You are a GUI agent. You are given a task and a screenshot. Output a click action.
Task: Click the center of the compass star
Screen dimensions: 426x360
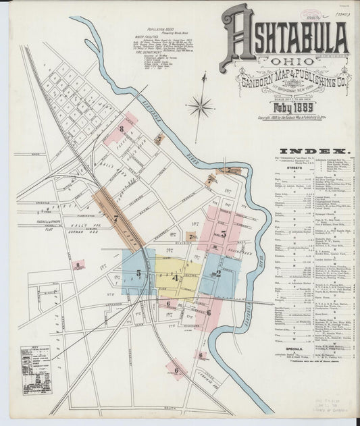(x=200, y=106)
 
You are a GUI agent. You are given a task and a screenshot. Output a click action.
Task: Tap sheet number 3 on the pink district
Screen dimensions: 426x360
(x=224, y=234)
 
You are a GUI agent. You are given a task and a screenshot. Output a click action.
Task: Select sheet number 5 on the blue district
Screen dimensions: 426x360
(x=138, y=273)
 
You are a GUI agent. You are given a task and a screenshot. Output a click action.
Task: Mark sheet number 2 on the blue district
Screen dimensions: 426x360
(x=217, y=273)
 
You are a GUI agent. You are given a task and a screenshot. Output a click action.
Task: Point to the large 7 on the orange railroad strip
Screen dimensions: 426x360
(x=115, y=218)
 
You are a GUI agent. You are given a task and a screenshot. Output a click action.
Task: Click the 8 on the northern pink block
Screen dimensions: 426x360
(x=121, y=128)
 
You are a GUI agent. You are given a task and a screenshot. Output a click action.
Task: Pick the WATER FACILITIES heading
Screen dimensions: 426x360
(x=157, y=40)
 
